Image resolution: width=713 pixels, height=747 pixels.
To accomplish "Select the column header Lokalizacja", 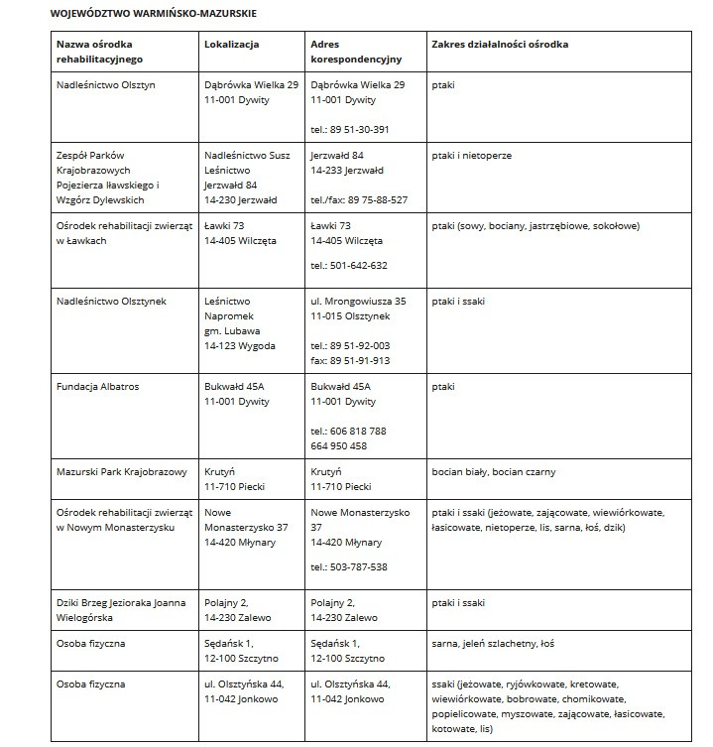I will tap(231, 45).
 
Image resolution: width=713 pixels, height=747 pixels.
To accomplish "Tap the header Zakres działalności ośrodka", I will tap(500, 45).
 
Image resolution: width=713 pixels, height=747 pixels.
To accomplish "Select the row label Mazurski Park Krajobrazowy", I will tap(122, 472).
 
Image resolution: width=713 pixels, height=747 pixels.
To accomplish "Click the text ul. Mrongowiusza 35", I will tap(358, 301).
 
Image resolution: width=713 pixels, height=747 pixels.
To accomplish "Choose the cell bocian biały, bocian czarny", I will tap(493, 472).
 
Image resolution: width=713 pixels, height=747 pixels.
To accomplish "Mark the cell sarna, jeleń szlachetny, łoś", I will tap(493, 644).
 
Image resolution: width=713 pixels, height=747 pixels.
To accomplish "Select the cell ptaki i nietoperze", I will tap(472, 156).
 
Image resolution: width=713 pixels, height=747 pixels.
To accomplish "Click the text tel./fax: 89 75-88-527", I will tap(358, 199).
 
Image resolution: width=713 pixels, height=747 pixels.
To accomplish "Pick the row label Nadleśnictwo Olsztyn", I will tap(106, 85).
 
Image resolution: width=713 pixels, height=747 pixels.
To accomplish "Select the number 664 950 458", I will tap(341, 445).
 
